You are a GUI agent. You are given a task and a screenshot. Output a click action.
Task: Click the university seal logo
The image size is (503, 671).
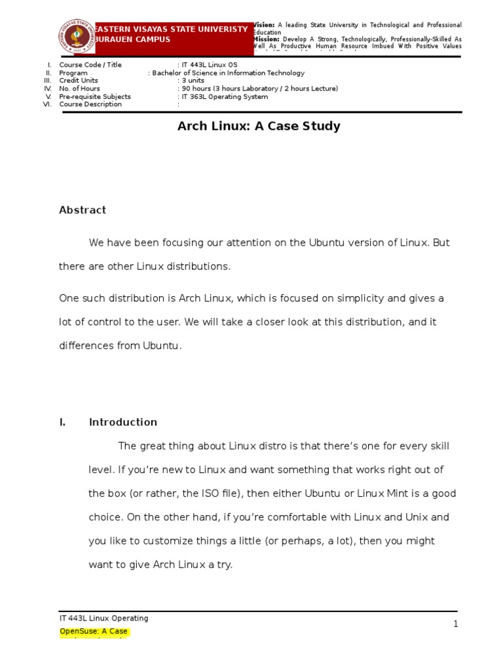(x=77, y=36)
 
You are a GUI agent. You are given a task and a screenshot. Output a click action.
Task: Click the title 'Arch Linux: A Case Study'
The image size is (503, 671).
(x=259, y=126)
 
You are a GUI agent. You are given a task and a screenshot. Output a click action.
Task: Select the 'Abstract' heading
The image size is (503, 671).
(x=83, y=210)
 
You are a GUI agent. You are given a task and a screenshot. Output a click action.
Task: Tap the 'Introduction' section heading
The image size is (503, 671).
(x=122, y=422)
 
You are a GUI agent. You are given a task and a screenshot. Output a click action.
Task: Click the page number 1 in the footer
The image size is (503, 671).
(x=456, y=624)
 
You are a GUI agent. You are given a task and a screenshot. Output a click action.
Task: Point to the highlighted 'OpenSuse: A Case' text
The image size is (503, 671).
(x=94, y=632)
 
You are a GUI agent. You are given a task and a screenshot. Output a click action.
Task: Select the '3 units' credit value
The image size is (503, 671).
(x=193, y=81)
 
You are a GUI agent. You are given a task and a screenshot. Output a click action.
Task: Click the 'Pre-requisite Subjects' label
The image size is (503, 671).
(x=95, y=96)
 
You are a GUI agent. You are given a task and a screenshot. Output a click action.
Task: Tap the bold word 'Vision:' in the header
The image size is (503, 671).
(x=265, y=25)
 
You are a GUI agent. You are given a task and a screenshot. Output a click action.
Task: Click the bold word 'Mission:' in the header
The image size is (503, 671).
(x=267, y=39)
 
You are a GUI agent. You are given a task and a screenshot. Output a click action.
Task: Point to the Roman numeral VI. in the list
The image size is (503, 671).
(x=47, y=104)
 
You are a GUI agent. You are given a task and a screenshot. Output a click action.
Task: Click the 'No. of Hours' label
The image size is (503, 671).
(x=80, y=88)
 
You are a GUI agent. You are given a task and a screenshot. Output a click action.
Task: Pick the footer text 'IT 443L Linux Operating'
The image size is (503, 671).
(x=103, y=618)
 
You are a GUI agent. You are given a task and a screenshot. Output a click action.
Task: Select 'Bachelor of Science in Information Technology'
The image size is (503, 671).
(x=228, y=73)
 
